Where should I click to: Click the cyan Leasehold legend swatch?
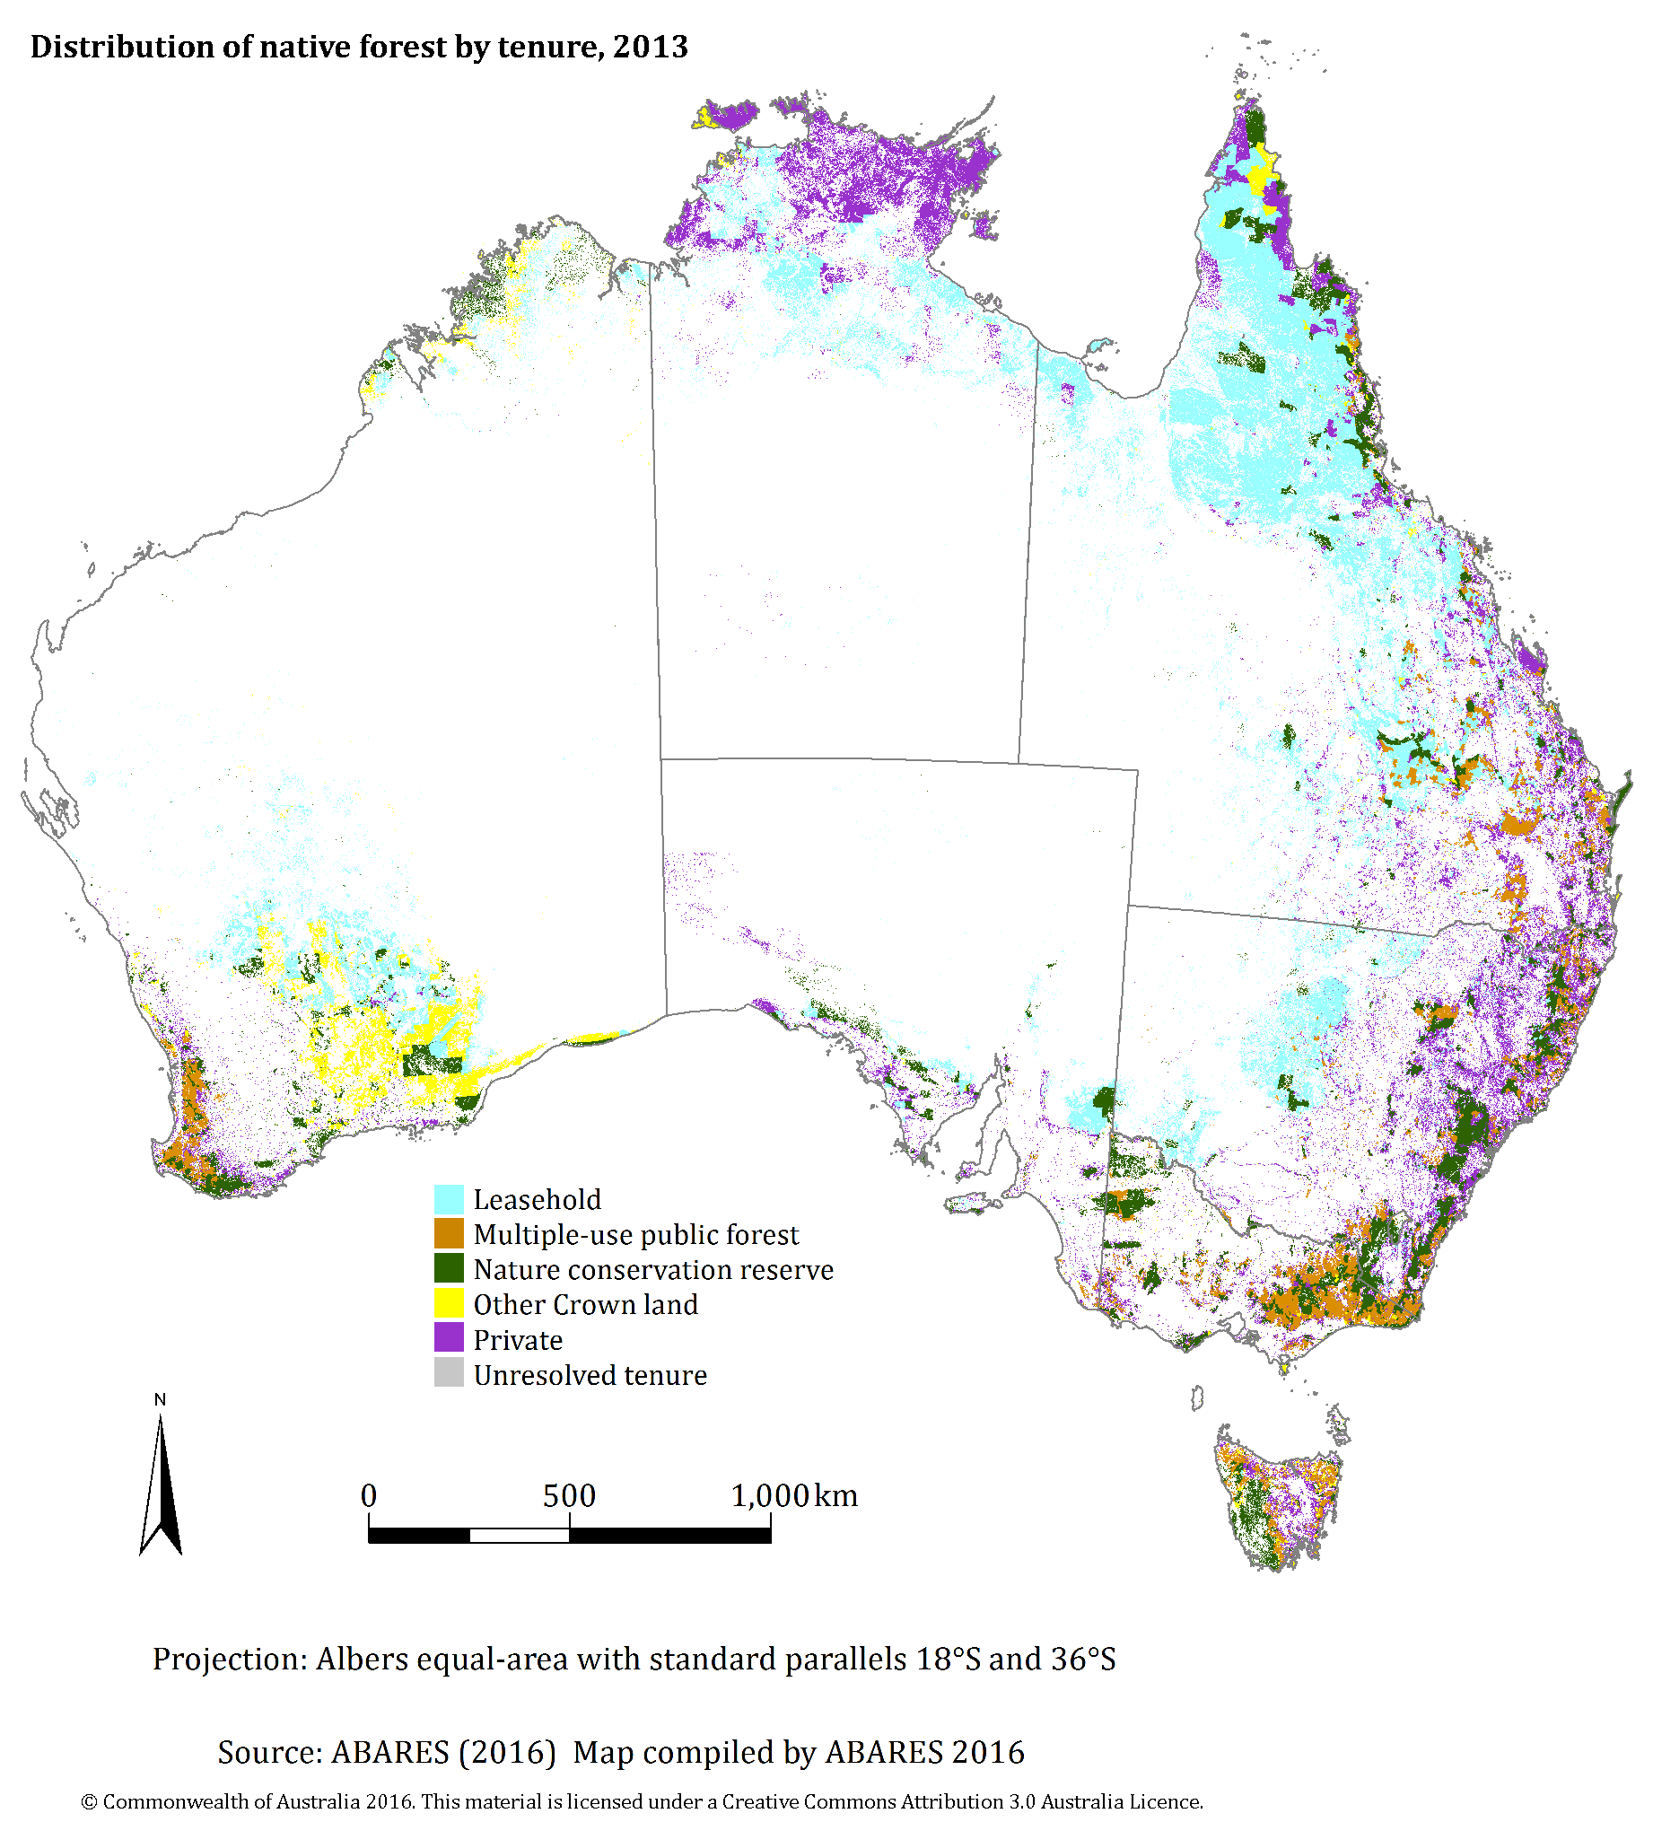(449, 1199)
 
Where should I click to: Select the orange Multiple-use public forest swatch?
(449, 1233)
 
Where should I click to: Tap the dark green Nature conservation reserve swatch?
(449, 1269)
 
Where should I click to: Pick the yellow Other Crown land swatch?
(449, 1304)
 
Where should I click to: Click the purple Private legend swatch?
(449, 1338)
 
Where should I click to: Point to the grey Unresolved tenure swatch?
(449, 1374)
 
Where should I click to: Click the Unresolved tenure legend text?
(590, 1376)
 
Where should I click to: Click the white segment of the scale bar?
(519, 1536)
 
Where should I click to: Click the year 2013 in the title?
(650, 47)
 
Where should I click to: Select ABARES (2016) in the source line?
(442, 1752)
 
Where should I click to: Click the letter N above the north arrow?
(160, 1400)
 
